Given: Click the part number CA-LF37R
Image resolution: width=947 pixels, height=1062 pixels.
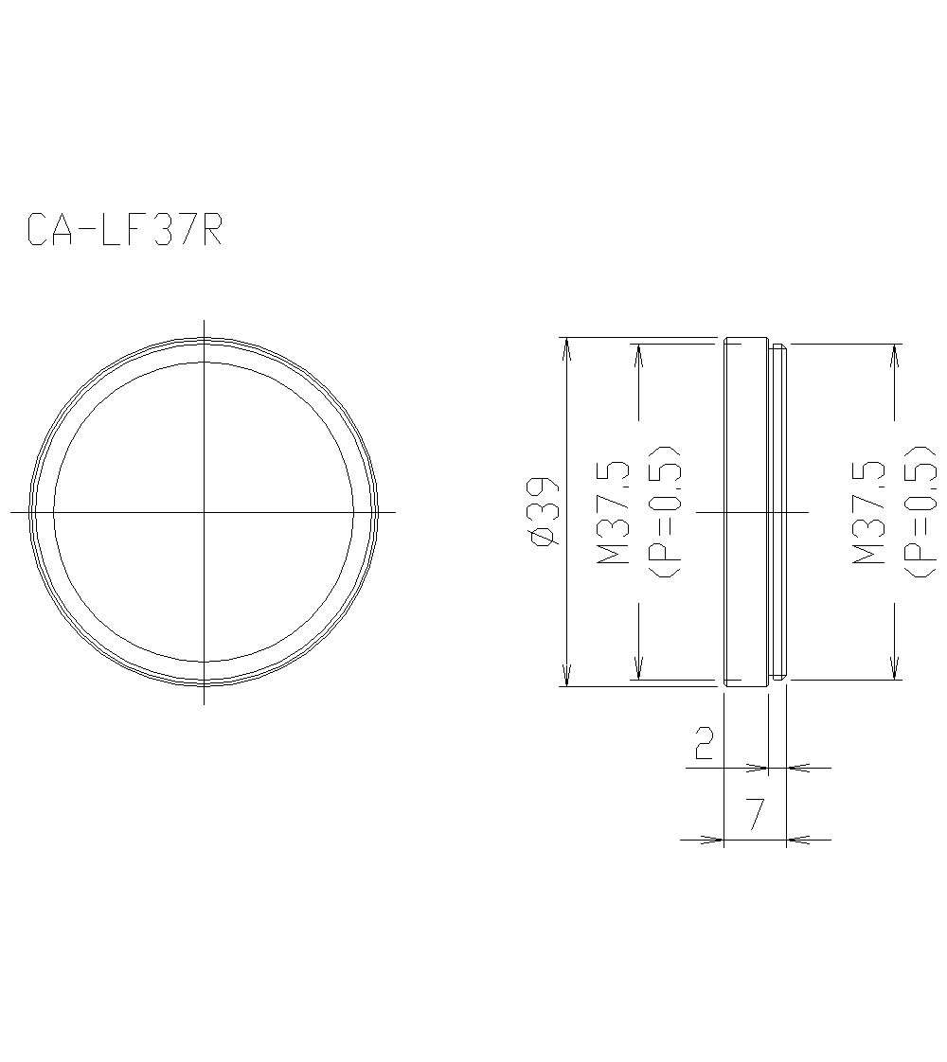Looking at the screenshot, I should (124, 230).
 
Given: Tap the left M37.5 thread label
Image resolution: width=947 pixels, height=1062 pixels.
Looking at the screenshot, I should (613, 512).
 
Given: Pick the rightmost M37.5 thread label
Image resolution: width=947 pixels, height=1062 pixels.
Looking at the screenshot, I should (869, 512).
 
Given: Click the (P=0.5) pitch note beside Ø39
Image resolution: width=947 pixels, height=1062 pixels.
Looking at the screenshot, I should (668, 511).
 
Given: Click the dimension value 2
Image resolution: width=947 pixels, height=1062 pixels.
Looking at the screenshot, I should (704, 744).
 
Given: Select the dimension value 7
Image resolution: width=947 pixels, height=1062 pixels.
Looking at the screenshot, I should (755, 815).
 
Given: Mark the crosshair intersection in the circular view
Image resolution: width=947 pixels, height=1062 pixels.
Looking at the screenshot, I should (205, 512).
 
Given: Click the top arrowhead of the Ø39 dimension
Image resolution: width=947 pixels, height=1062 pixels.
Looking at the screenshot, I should (566, 348).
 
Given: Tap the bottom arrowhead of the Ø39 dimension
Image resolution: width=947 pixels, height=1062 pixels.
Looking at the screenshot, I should (566, 675).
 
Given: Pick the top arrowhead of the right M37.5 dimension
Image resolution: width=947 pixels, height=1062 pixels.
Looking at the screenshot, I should (894, 355).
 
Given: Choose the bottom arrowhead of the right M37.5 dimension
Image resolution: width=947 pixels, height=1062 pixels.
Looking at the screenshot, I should (894, 668).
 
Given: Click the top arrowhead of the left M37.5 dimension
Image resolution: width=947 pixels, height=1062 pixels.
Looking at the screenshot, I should (638, 355).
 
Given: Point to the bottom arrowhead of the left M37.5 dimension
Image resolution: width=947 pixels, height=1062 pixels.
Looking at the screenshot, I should (638, 668).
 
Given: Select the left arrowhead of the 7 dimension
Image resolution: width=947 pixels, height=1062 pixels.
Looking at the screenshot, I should (713, 839).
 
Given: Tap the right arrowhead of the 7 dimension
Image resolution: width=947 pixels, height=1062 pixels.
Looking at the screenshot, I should (797, 839).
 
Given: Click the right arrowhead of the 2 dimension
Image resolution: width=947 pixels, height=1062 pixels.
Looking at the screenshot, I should (797, 768).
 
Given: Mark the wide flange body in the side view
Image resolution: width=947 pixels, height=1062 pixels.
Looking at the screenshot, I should (745, 511).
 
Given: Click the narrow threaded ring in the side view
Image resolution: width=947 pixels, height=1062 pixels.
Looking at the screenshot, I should (777, 511).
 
